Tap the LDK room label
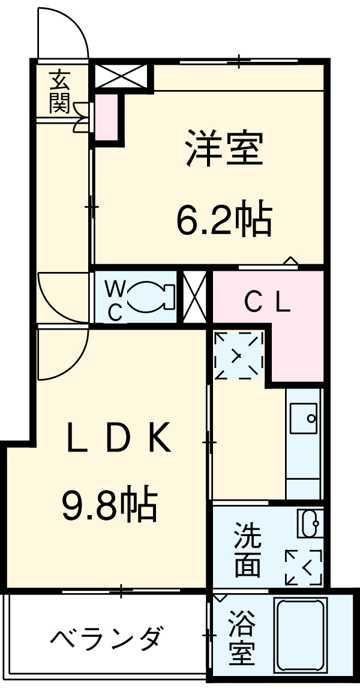[119, 438]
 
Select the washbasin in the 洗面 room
[310, 523]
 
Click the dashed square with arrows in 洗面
[304, 567]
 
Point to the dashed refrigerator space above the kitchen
[239, 355]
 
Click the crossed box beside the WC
[194, 297]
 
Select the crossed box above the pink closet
[120, 76]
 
